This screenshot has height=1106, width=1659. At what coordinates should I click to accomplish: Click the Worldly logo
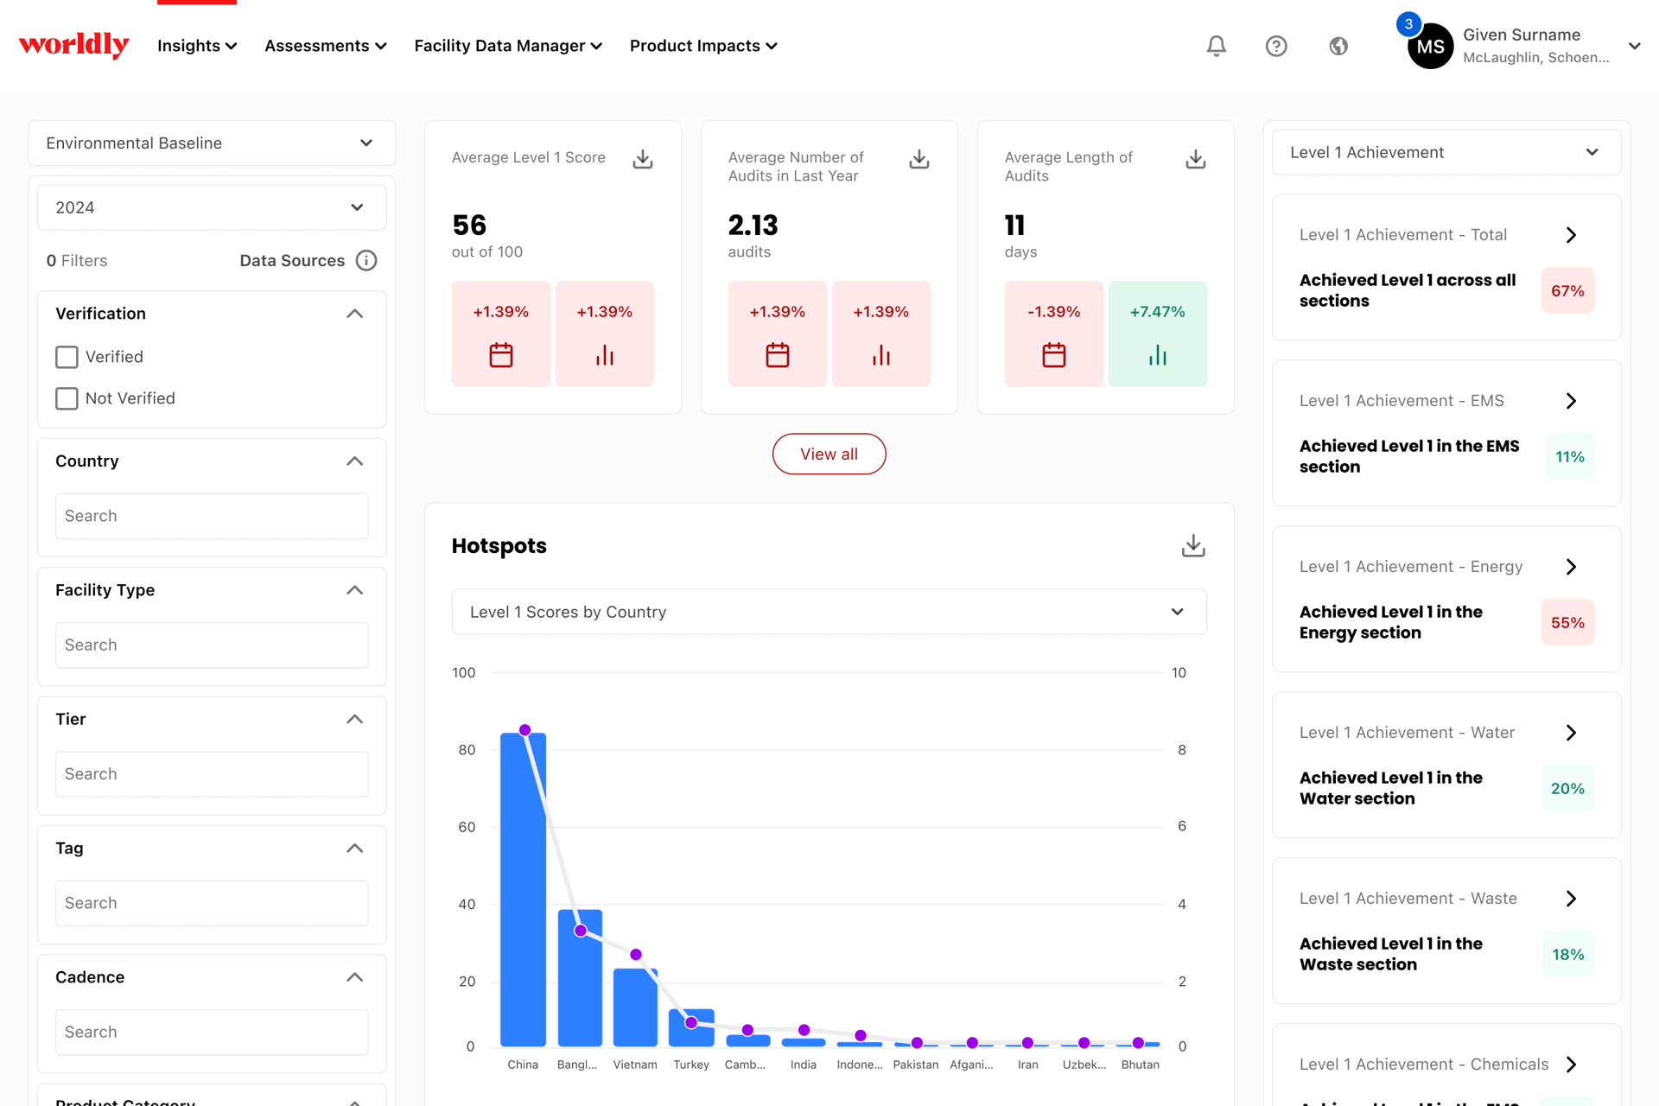point(73,45)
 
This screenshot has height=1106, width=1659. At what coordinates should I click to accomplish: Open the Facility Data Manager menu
point(508,46)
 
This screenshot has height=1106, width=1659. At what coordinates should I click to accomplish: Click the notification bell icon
point(1216,46)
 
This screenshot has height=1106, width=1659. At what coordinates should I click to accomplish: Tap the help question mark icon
point(1276,46)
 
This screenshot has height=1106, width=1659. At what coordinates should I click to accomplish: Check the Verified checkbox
point(67,357)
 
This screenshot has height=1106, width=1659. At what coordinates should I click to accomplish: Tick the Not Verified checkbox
point(67,398)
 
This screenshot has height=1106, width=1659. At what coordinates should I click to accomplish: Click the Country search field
point(212,516)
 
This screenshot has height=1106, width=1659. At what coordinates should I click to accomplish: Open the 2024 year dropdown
point(212,207)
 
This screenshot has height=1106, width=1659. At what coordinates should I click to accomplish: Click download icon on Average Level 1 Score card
point(643,159)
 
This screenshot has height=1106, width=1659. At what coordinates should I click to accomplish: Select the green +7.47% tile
point(1158,334)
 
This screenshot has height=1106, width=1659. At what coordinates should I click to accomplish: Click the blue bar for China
point(523,889)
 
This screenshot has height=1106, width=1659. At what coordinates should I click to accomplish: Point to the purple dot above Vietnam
point(636,955)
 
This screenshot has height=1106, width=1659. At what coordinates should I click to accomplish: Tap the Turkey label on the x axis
point(691,1065)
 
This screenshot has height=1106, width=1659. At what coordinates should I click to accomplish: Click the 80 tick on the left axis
point(467,750)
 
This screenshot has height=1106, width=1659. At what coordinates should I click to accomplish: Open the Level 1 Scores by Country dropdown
point(829,612)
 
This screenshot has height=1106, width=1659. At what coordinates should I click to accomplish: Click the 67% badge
point(1567,291)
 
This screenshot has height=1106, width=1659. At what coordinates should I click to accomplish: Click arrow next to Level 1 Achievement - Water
point(1571,733)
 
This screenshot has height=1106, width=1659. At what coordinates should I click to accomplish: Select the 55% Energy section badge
point(1567,623)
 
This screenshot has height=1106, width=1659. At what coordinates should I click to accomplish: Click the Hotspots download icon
point(1193,545)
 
